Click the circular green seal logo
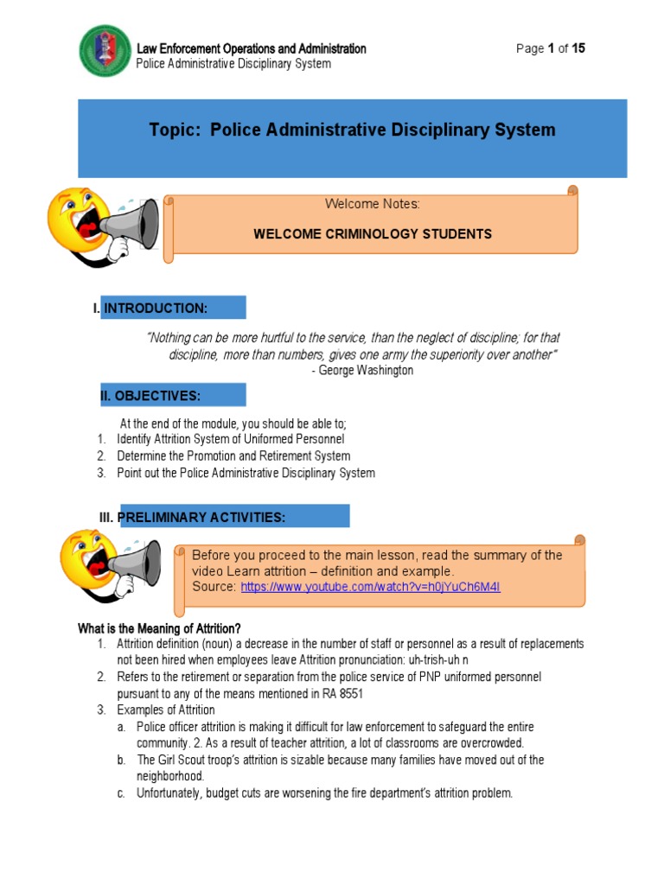click(105, 51)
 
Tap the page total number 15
click(578, 48)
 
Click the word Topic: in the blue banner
click(176, 131)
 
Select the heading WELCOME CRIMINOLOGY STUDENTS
click(372, 234)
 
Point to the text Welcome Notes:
click(372, 204)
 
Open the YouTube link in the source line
click(370, 588)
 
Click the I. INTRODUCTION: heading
click(150, 309)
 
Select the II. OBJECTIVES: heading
click(150, 396)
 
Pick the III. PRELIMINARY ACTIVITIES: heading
click(192, 517)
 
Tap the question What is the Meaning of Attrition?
click(159, 627)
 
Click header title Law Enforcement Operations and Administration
click(251, 48)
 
